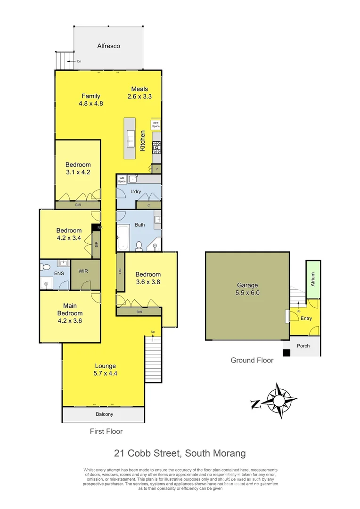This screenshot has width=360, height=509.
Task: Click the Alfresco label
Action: click(108, 46)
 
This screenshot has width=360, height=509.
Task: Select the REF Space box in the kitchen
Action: click(156, 125)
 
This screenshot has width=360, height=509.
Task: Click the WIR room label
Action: click(83, 271)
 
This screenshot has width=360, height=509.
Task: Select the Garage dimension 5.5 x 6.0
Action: click(247, 293)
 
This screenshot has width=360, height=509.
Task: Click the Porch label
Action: click(303, 346)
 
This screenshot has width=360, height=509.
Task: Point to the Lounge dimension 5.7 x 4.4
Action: click(106, 373)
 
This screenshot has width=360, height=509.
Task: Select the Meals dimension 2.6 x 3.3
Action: click(139, 97)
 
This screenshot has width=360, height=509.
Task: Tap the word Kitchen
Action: click(143, 141)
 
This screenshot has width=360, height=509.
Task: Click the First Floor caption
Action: click(106, 431)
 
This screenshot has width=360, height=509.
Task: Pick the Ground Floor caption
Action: click(252, 361)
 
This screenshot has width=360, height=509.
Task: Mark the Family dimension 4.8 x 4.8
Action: click(91, 104)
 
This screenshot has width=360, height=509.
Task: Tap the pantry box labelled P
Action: click(156, 169)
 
